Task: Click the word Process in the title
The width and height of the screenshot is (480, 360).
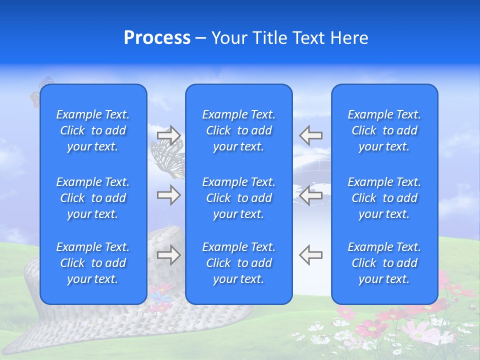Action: point(157,38)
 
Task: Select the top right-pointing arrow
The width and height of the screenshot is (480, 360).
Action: point(168,135)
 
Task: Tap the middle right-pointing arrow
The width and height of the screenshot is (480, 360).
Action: point(168,195)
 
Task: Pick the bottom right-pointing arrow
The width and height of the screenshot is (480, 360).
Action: point(168,255)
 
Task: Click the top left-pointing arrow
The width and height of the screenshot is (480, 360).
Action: point(311,135)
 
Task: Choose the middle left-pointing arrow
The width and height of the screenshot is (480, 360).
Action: point(311,195)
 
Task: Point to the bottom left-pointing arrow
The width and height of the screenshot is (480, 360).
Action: point(311,255)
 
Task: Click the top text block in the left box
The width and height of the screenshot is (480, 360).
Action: point(93,130)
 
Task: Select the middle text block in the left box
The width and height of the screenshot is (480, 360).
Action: point(93,198)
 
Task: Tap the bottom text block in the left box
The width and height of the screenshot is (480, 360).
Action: point(93,263)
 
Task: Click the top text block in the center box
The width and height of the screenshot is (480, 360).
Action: point(239,130)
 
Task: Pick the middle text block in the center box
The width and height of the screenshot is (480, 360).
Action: point(239,198)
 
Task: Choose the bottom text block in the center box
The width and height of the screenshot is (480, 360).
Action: point(239,263)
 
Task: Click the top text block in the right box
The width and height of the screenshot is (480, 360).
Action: point(384,130)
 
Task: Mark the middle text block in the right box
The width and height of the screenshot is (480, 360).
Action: point(384,198)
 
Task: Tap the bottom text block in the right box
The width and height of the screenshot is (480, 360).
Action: point(384,263)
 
